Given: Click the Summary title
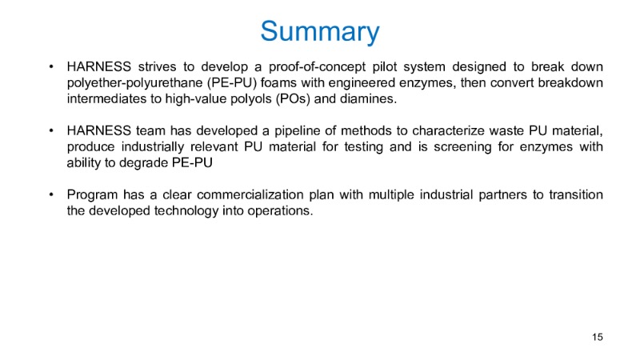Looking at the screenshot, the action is point(320,32).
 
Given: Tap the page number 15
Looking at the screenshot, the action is point(597,337).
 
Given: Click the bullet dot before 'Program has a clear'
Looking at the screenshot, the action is point(51,194).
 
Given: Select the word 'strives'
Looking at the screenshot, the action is point(157,66).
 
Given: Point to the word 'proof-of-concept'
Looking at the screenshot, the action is point(317,67).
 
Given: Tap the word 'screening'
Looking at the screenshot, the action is point(462,147).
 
